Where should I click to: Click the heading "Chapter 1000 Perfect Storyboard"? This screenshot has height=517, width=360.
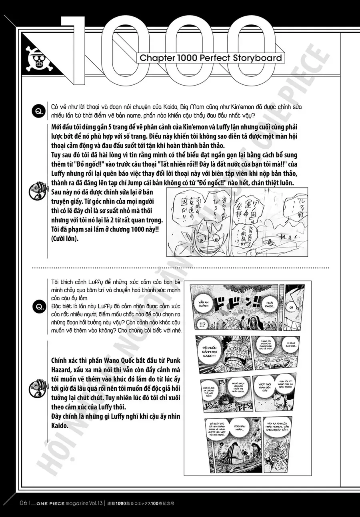pos(211,58)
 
